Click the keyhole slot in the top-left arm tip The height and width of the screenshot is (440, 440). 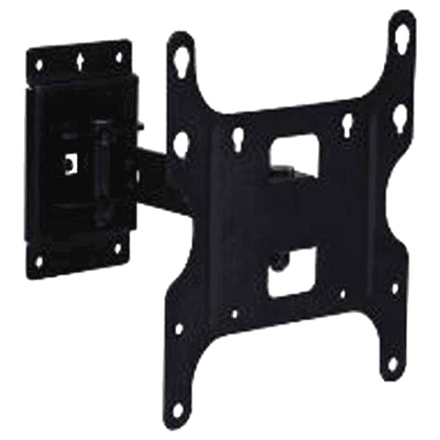pyautogui.click(x=182, y=56)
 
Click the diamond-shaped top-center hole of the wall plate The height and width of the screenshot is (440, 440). pyautogui.click(x=81, y=58)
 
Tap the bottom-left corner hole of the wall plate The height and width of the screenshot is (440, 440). pyautogui.click(x=39, y=258)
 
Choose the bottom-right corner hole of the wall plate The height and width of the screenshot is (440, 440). pyautogui.click(x=118, y=248)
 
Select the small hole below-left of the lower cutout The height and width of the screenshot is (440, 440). pyautogui.click(x=235, y=314)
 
